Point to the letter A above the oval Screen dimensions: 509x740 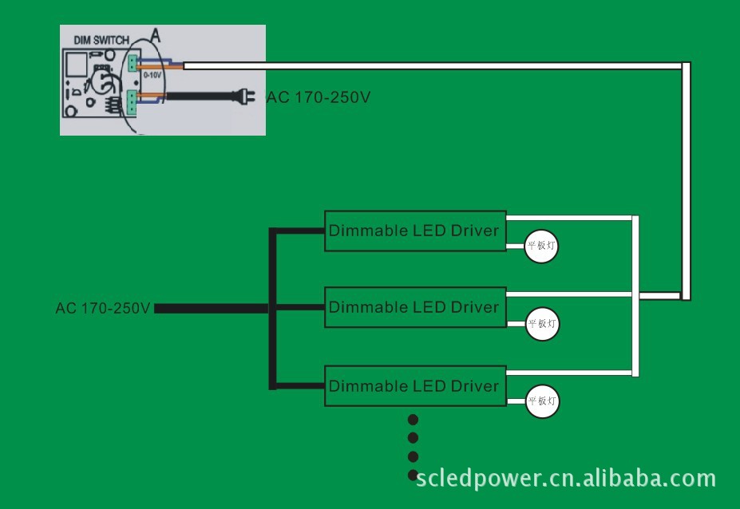tap(156, 36)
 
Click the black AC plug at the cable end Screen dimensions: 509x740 tap(243, 97)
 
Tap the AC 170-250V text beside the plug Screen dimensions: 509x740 tap(318, 97)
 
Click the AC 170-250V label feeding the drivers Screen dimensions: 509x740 tap(103, 308)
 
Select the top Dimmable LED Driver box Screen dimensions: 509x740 tap(414, 231)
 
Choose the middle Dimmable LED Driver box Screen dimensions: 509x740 tap(414, 307)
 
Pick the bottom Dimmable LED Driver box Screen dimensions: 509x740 tap(414, 386)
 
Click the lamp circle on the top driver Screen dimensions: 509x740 tap(540, 247)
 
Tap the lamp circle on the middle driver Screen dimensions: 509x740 tap(542, 324)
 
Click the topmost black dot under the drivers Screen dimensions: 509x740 tap(413, 420)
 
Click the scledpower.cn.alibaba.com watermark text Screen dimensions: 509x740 tap(565, 478)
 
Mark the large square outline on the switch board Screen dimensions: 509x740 tap(78, 65)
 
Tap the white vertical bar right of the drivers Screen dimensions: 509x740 tap(635, 296)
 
